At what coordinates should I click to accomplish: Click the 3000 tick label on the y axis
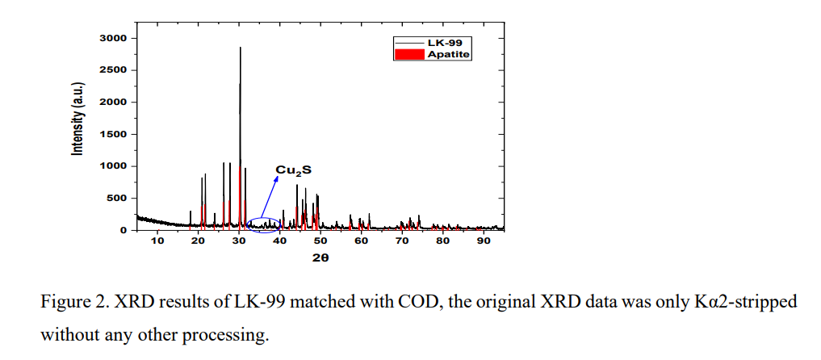tap(113, 38)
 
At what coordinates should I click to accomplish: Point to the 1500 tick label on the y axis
tap(113, 134)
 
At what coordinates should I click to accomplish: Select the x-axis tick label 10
tap(157, 241)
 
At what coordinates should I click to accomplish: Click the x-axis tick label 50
tap(320, 241)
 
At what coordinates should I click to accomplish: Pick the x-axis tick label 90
tap(484, 241)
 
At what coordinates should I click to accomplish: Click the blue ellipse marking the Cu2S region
tap(264, 225)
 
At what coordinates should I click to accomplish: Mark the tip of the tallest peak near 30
tap(240, 48)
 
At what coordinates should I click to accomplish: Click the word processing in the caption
tap(232, 333)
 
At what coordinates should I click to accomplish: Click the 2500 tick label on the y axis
tap(113, 70)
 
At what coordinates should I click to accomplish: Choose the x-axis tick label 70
tap(402, 241)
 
